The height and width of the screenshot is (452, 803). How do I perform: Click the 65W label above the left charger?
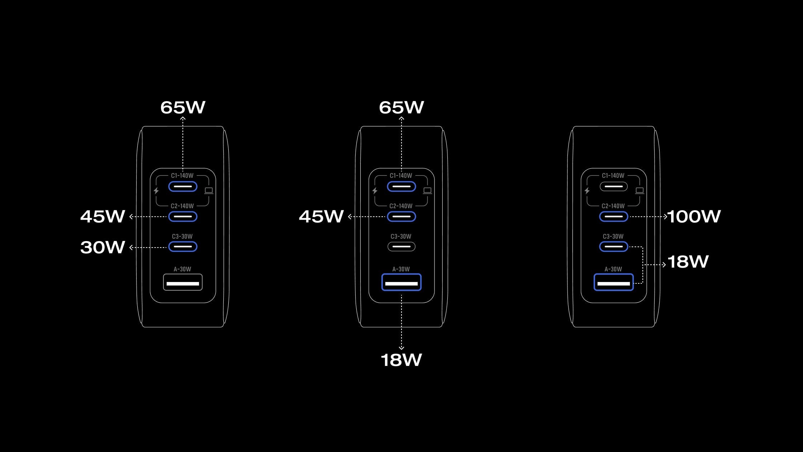pyautogui.click(x=183, y=107)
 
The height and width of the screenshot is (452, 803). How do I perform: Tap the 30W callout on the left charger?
pyautogui.click(x=103, y=247)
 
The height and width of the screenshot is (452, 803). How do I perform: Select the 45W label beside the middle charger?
pyautogui.click(x=322, y=216)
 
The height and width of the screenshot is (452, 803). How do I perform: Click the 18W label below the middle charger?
pyautogui.click(x=401, y=360)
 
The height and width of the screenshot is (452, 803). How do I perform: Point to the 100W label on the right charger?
pyautogui.click(x=694, y=216)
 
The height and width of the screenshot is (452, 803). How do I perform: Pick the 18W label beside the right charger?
pyautogui.click(x=688, y=262)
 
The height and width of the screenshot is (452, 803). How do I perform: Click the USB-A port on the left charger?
pyautogui.click(x=183, y=282)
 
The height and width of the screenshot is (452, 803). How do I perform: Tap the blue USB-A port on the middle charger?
pyautogui.click(x=401, y=282)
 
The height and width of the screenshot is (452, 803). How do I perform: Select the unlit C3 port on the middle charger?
pyautogui.click(x=401, y=246)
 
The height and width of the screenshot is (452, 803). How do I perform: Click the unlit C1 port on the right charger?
pyautogui.click(x=613, y=187)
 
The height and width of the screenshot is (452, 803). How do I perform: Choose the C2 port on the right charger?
pyautogui.click(x=613, y=217)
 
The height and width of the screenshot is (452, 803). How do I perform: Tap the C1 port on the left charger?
pyautogui.click(x=183, y=187)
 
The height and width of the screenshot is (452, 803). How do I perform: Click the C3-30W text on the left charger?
pyautogui.click(x=182, y=236)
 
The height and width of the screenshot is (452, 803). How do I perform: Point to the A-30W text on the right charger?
pyautogui.click(x=613, y=269)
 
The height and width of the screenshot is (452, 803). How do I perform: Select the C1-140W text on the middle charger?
pyautogui.click(x=401, y=176)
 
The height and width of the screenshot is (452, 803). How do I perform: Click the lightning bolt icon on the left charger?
pyautogui.click(x=156, y=191)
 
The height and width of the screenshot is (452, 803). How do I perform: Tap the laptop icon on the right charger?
pyautogui.click(x=640, y=190)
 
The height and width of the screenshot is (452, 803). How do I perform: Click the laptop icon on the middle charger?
pyautogui.click(x=427, y=190)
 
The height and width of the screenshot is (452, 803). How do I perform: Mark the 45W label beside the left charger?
pyautogui.click(x=103, y=216)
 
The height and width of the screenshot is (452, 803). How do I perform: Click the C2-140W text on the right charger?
pyautogui.click(x=613, y=206)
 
